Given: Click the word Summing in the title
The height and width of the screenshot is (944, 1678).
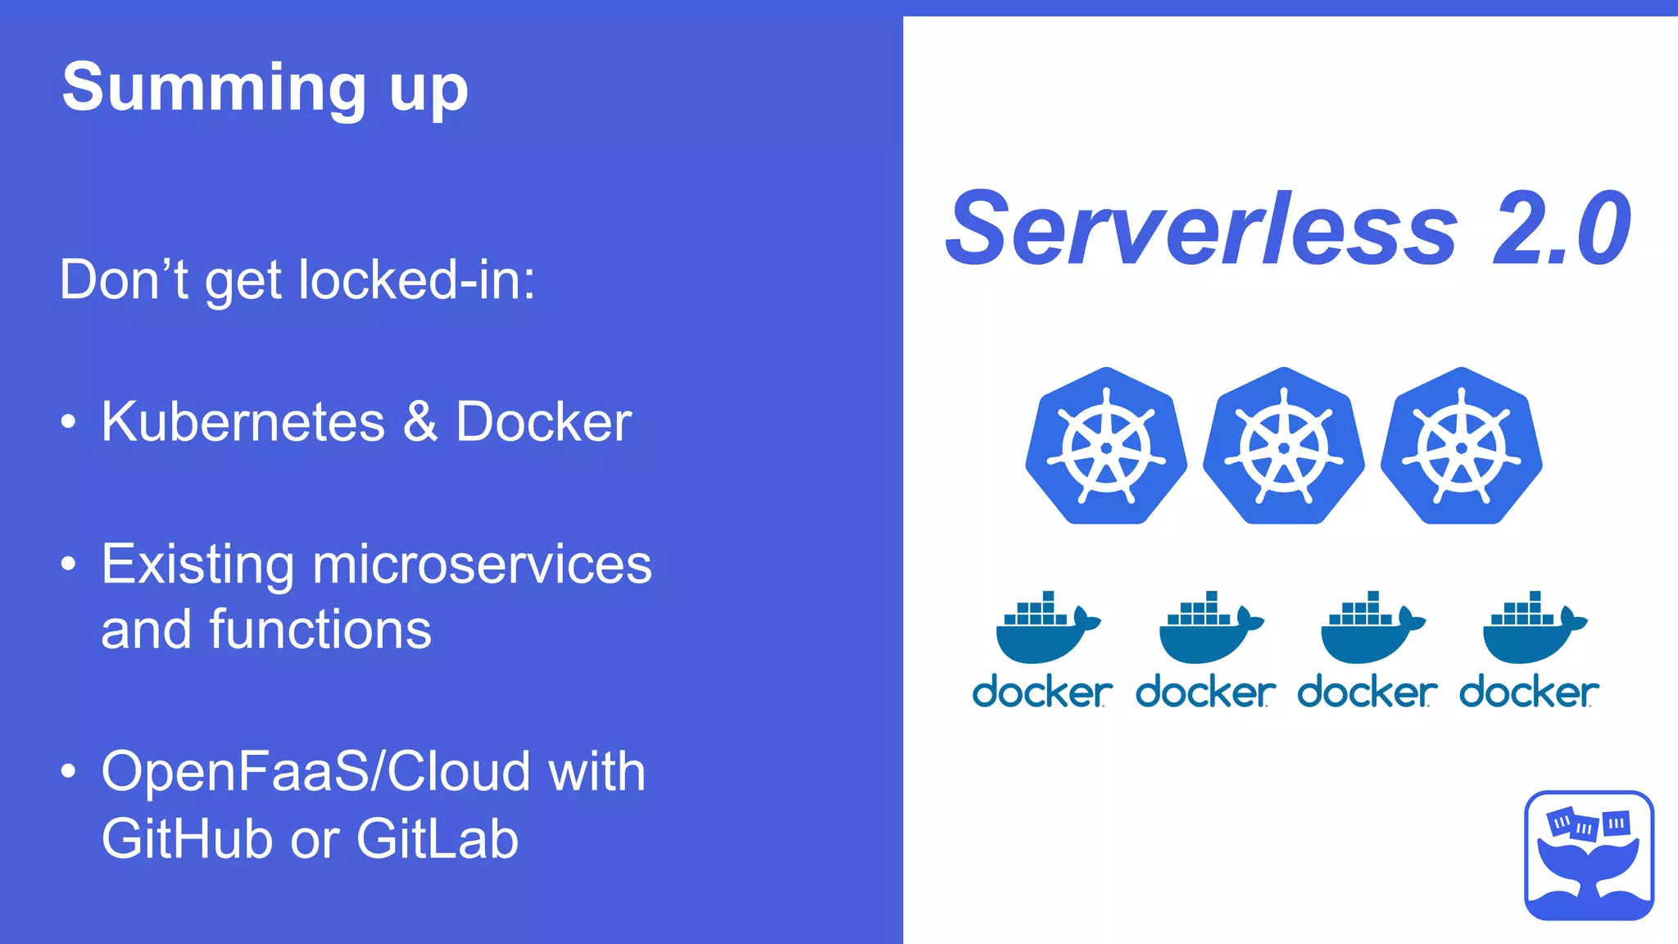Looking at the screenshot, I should [214, 88].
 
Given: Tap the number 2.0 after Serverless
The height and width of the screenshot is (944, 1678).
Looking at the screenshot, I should [1561, 229].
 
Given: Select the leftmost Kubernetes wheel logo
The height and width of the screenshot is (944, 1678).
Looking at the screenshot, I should [1106, 447].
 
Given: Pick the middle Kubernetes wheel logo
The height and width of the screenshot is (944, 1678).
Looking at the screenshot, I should [1283, 447].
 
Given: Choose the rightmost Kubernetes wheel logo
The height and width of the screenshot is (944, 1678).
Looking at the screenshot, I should [1461, 447].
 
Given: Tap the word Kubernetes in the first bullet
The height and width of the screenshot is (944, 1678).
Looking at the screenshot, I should [243, 422].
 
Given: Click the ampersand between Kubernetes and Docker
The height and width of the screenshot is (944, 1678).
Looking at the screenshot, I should [420, 422].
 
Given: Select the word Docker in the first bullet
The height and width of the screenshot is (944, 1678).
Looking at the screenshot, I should [543, 422].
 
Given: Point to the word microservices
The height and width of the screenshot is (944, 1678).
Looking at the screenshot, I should [482, 565].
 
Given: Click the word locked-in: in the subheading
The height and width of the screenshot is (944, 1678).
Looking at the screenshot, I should [416, 280].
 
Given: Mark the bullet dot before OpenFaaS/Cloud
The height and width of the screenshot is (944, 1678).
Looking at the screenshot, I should [69, 771].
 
